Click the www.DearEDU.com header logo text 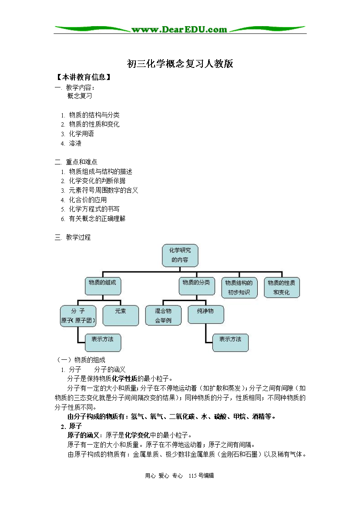179,30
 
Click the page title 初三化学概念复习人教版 180,64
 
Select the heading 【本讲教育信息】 84,77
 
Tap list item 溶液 75,143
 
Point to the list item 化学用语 81,134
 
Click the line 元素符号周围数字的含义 103,190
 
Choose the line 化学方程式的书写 94,209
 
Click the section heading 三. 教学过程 73,237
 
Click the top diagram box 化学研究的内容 180,255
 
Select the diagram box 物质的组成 103,286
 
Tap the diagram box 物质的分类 197,286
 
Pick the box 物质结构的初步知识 239,288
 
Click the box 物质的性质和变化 282,288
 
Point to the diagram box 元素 121,315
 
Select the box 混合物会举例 163,315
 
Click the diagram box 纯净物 205,315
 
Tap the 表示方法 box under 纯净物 230,343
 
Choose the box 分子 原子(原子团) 78,316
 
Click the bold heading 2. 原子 71,426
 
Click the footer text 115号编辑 201,476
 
